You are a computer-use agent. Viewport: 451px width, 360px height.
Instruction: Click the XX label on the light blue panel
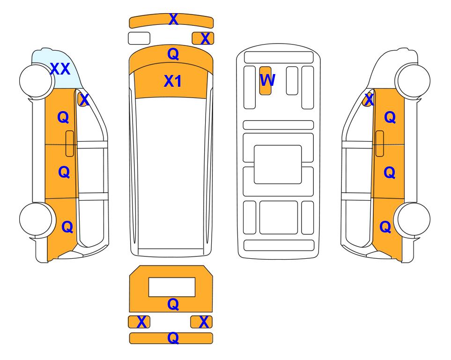tap(60, 69)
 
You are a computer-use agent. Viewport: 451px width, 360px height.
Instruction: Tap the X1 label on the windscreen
tap(172, 81)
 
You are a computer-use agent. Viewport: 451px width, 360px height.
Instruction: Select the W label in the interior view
tap(267, 80)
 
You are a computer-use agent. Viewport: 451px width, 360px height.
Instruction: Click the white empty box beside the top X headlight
tap(139, 38)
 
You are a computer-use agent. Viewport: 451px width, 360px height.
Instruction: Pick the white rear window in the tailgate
tap(172, 287)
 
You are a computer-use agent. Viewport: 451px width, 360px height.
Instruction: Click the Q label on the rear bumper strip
tap(173, 338)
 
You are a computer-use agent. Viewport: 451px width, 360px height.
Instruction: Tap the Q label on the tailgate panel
tap(173, 304)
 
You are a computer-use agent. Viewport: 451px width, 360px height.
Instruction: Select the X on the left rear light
tap(141, 322)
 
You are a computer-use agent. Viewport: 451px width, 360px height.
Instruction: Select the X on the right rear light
tap(204, 322)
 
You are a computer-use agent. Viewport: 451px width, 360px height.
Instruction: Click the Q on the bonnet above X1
tap(173, 54)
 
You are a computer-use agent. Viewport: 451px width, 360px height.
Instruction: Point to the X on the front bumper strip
tap(173, 19)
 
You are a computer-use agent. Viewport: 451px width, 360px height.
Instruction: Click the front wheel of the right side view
tap(414, 81)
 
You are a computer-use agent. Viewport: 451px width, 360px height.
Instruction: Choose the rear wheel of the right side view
tap(414, 219)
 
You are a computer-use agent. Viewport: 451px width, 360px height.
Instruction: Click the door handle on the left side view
tap(70, 143)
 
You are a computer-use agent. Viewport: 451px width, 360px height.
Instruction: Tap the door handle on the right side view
tap(380, 143)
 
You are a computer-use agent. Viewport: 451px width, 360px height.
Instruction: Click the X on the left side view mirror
tap(84, 100)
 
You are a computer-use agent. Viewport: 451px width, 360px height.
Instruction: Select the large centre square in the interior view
tap(278, 165)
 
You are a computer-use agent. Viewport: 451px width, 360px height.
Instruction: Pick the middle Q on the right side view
tap(390, 172)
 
